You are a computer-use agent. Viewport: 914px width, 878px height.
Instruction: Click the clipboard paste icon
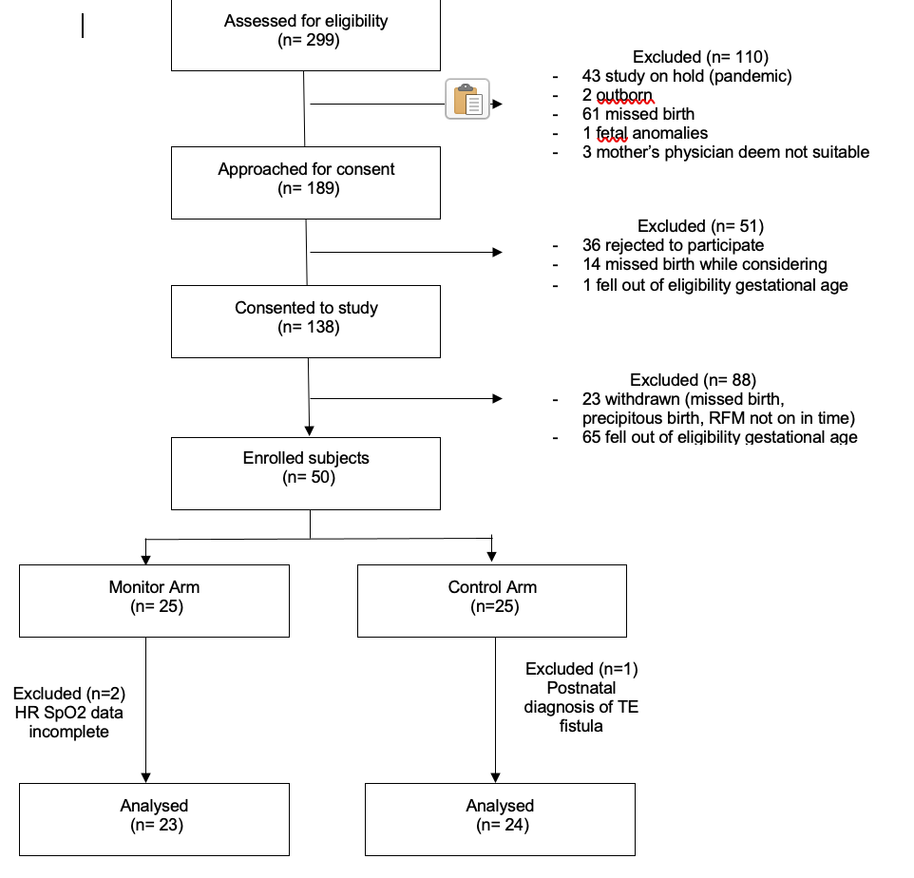point(467,99)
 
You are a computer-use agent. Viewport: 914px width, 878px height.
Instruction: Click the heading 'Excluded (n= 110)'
point(700,57)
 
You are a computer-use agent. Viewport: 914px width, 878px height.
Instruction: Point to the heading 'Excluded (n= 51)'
point(700,225)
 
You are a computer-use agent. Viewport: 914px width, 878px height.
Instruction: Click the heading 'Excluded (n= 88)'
point(693,379)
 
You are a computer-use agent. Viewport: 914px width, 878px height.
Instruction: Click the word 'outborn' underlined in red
point(623,95)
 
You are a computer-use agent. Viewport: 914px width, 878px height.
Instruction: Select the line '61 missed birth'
point(638,114)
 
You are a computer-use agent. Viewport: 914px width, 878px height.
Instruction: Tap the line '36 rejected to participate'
point(673,245)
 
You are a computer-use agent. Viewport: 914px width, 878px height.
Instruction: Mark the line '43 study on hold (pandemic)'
point(687,76)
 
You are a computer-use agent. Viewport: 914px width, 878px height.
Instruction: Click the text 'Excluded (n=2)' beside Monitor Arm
point(69,694)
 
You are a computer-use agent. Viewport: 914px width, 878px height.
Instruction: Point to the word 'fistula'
point(581,726)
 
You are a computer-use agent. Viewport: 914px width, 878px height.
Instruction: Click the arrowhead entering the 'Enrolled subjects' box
point(309,430)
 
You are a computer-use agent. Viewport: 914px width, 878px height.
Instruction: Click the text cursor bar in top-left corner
point(83,26)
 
